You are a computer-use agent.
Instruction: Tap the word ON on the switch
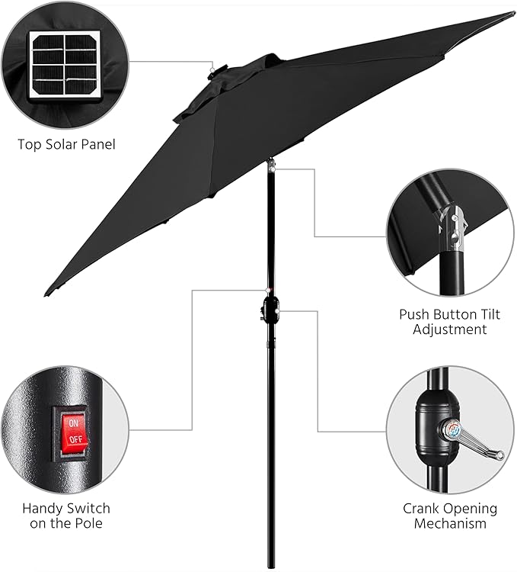(x=74, y=423)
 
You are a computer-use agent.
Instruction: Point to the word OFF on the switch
(x=74, y=441)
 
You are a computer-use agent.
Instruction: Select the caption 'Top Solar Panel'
(x=67, y=143)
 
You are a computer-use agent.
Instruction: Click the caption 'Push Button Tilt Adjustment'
(x=449, y=322)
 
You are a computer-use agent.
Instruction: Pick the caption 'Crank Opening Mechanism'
(x=450, y=516)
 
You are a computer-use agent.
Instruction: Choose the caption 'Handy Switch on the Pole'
(x=66, y=516)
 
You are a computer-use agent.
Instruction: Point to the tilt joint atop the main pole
(x=270, y=164)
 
